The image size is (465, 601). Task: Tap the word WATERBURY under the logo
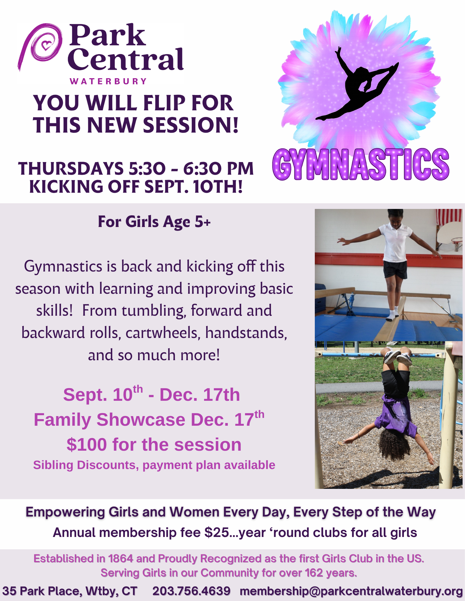(108, 81)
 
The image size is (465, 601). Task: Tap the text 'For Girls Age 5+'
(154, 222)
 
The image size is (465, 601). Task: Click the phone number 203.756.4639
(191, 591)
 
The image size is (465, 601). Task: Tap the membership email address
(351, 591)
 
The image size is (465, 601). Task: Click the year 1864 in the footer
(120, 558)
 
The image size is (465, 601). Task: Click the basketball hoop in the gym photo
(456, 243)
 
